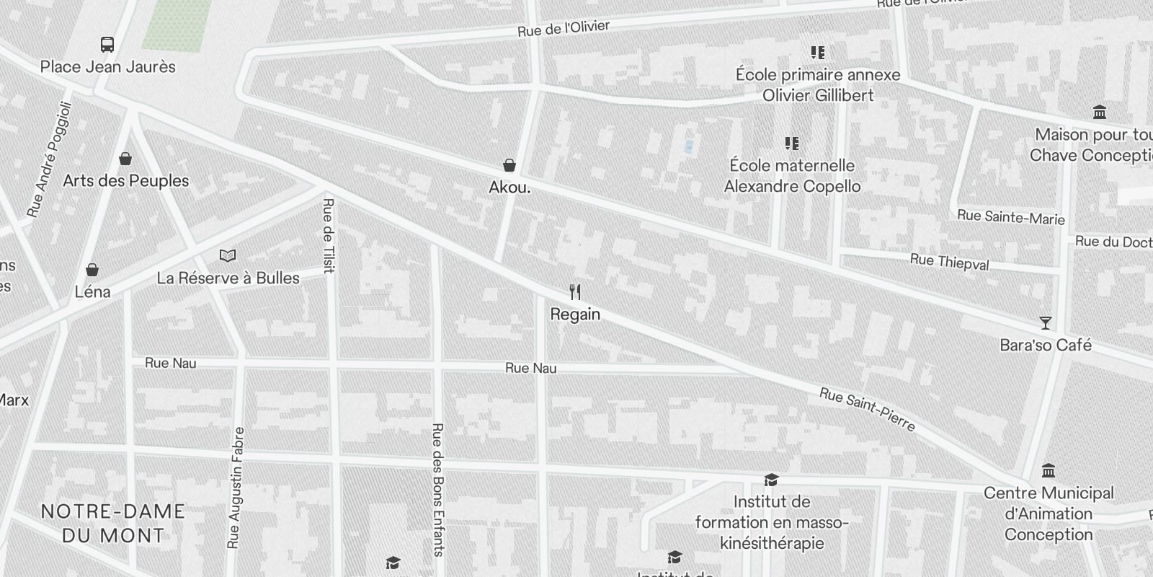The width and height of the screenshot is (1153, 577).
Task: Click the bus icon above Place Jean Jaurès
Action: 107,45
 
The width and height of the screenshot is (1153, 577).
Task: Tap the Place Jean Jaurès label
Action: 108,67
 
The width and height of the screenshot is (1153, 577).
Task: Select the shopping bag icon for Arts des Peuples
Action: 125,159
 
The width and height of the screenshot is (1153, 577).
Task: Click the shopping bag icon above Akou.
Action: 509,166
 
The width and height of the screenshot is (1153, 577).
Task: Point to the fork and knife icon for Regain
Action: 575,292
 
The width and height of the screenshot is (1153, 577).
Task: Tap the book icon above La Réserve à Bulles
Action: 228,255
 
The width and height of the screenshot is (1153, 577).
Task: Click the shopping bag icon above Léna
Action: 92,270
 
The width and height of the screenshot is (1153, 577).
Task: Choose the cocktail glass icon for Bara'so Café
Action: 1046,322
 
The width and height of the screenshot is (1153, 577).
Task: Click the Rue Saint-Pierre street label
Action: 867,410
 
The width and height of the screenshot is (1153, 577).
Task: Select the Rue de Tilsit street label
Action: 329,236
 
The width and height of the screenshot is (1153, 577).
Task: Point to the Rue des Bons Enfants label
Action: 437,490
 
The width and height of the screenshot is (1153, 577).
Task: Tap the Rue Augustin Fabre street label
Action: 236,488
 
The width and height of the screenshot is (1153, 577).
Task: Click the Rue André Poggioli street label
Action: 50,159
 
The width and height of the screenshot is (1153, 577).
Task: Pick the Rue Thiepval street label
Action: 949,262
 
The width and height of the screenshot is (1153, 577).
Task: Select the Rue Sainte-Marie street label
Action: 1010,216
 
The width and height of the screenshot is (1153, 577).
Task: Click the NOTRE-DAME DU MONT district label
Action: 113,524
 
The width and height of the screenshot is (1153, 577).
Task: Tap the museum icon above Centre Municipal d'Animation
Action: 1049,471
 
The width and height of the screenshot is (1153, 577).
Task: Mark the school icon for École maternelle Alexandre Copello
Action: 792,144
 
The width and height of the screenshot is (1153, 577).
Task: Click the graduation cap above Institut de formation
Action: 771,480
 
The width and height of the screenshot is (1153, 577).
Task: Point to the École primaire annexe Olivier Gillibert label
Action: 818,85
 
